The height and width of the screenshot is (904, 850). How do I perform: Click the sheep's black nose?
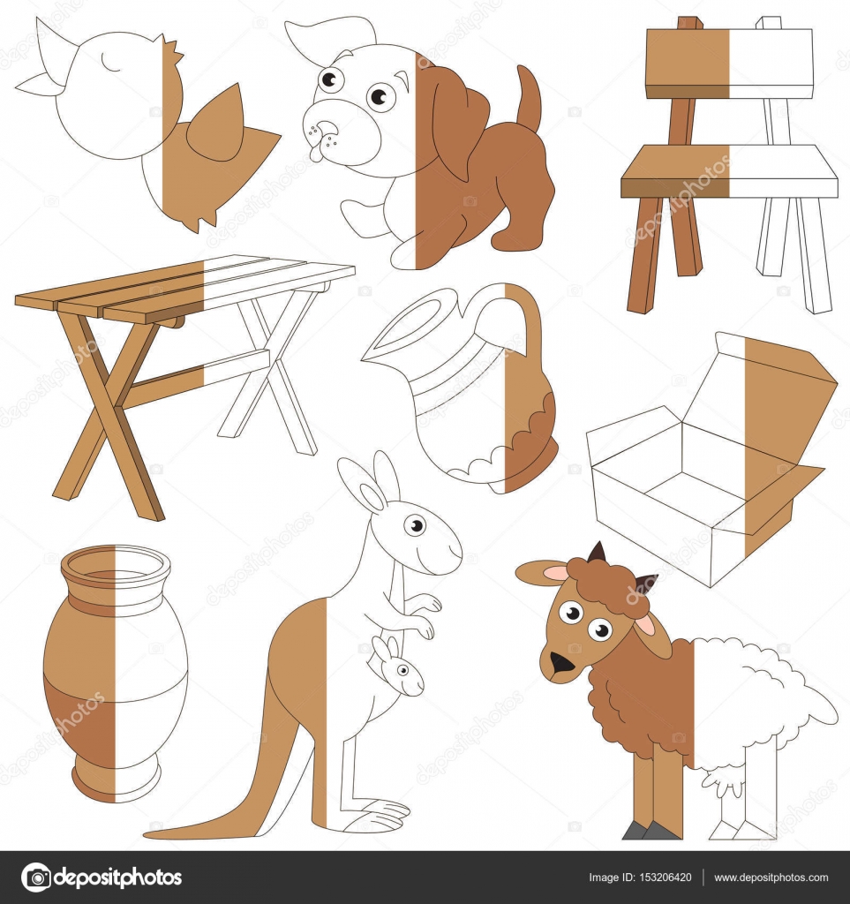point(559,663)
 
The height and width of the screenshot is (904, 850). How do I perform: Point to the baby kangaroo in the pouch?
point(396,671)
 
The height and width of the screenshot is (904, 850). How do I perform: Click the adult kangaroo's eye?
point(415,524)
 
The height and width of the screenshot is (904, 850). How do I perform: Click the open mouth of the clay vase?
point(116,564)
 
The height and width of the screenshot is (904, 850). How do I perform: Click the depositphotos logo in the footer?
point(102,878)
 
